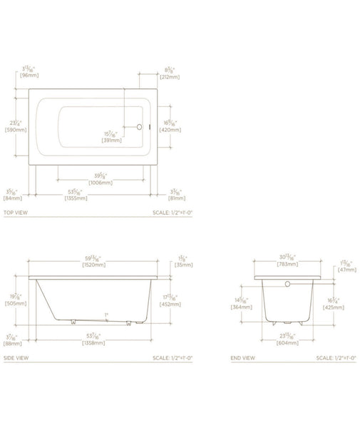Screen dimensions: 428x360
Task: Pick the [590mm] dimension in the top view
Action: (x=15, y=130)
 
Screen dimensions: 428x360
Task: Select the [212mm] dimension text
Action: (x=171, y=78)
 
